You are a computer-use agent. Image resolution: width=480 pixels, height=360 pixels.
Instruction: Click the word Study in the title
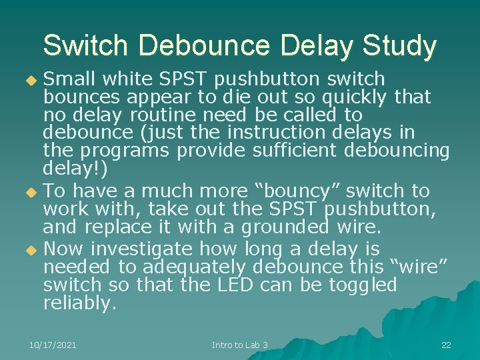pyautogui.click(x=399, y=46)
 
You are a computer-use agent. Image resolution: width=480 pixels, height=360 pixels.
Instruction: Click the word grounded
pyautogui.click(x=285, y=227)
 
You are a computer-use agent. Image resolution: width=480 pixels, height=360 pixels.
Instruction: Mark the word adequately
pyautogui.click(x=193, y=267)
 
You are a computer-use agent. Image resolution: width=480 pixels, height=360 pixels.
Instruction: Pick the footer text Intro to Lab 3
pyautogui.click(x=240, y=345)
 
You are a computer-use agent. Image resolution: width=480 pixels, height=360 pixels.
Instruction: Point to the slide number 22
pyautogui.click(x=446, y=345)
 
